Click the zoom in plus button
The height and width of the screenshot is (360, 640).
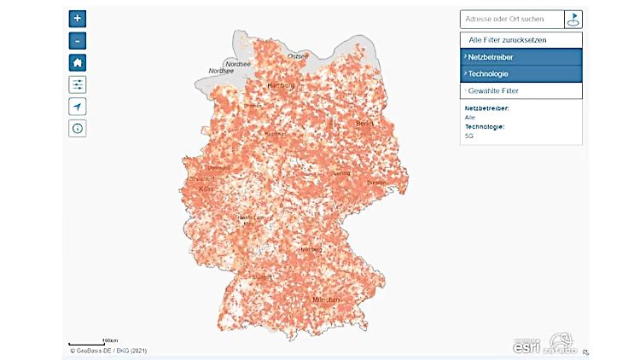point(78,18)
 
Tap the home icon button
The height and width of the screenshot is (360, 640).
point(78,62)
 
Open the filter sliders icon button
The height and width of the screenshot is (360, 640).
point(78,84)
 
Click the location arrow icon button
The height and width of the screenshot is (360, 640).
point(78,107)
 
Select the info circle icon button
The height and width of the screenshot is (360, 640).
point(78,129)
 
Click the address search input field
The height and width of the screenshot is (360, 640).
point(511,19)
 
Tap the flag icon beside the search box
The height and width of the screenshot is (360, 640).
point(574,19)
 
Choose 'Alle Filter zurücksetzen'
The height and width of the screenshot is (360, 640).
point(508,40)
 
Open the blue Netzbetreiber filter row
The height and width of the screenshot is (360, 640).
point(521,57)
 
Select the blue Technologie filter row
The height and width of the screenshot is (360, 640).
point(521,73)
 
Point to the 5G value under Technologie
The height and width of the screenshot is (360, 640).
point(469,135)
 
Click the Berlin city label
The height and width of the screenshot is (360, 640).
point(365,124)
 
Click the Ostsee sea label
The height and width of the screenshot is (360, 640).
point(298,56)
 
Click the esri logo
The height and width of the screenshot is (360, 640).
point(527,344)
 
